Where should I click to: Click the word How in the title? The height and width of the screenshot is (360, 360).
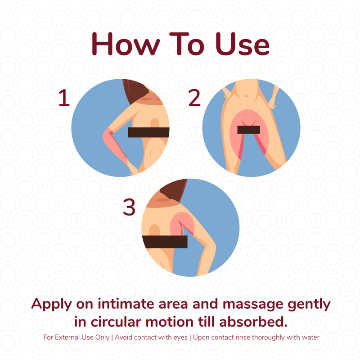pos(126,44)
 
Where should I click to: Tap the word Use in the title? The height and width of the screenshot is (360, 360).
pos(243,44)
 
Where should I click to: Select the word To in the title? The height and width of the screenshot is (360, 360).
pos(187,44)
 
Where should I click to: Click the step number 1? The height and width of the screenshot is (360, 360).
pos(64,98)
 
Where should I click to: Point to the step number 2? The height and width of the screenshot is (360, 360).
pos(194,98)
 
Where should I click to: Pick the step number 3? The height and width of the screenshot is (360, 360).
pos(129,207)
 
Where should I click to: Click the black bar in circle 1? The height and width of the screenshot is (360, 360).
pos(148,132)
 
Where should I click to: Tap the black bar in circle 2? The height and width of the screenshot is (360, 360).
pos(249,130)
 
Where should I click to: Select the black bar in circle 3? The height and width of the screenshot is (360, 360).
pos(165,242)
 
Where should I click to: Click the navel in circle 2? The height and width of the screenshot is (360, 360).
pos(247,96)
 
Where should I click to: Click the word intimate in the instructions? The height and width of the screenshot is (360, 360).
pos(126,304)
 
